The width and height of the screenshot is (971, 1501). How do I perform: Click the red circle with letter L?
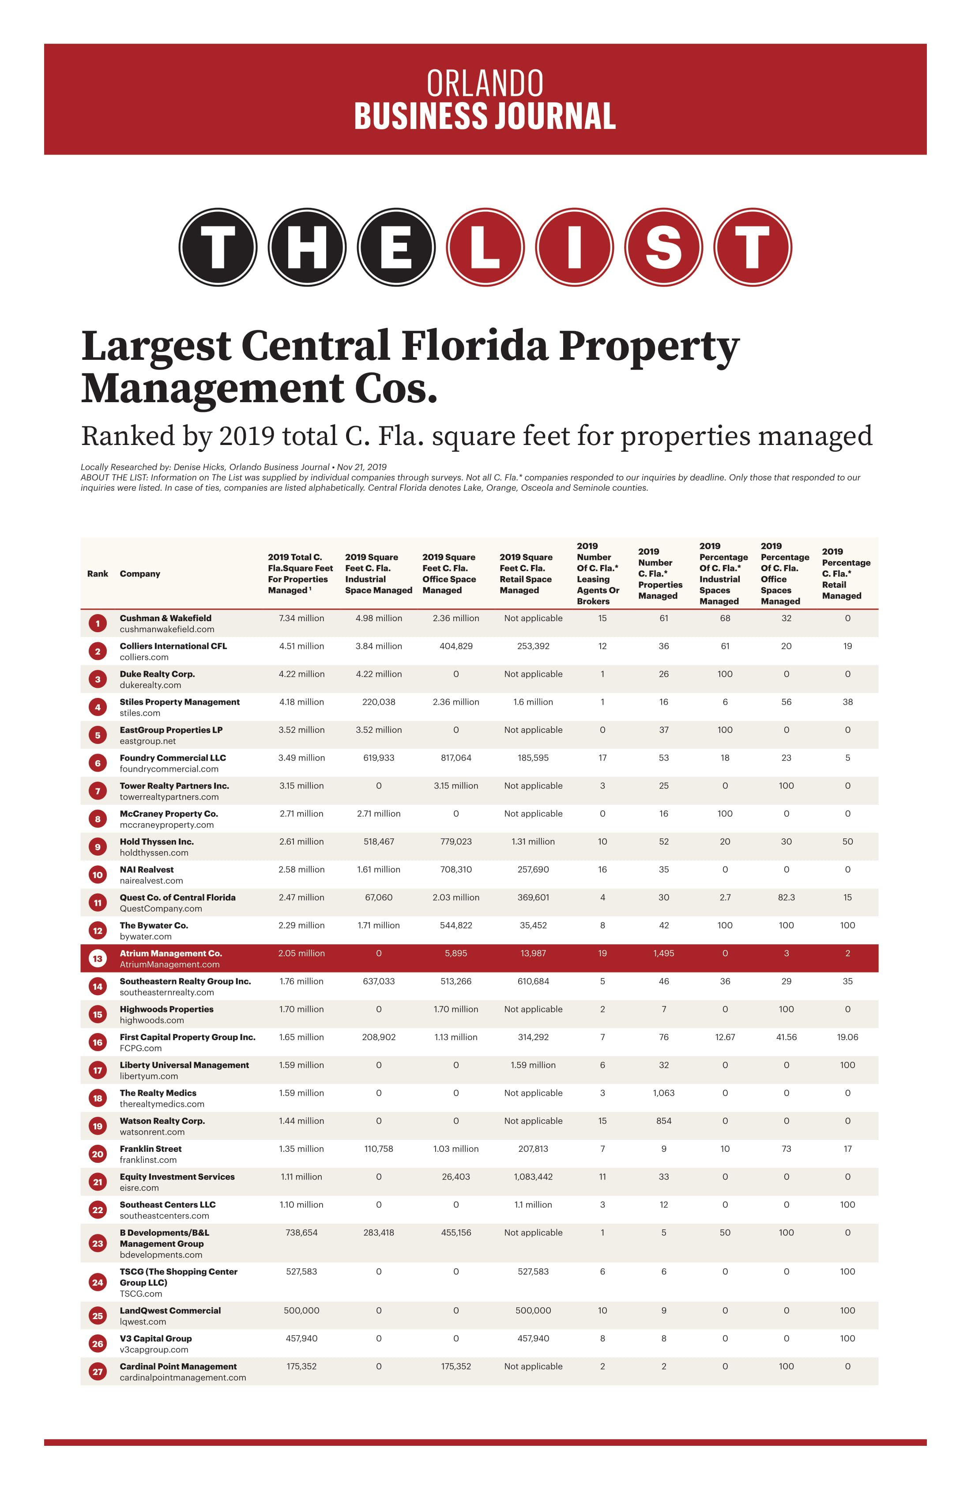[485, 247]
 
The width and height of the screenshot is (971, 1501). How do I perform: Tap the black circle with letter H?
[307, 247]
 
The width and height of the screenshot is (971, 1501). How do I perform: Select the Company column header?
[140, 573]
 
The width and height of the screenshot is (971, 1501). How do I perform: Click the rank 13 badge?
[98, 958]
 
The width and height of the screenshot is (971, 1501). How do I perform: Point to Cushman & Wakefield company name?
[165, 618]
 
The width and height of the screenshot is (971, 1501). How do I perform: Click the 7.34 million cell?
[301, 618]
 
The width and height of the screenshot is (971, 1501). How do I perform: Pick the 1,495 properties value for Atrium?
[663, 953]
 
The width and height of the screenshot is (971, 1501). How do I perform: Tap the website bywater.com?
[146, 936]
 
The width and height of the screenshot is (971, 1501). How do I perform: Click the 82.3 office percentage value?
[786, 898]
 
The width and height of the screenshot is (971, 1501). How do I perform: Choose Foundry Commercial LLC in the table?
[173, 758]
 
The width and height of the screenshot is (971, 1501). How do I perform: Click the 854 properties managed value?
[663, 1121]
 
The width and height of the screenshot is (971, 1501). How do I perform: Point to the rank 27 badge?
[98, 1371]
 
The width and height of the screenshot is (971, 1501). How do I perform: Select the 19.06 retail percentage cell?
[847, 1037]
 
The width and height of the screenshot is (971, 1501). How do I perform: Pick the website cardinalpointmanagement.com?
[183, 1377]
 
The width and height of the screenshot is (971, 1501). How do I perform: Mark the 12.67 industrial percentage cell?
[725, 1037]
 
